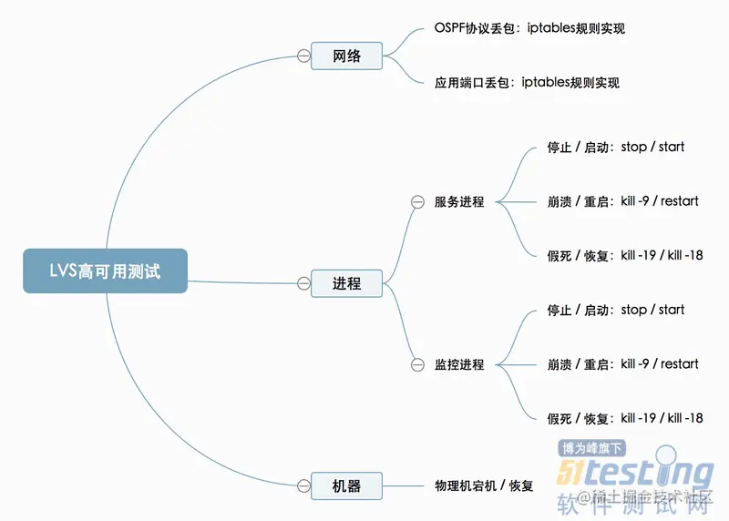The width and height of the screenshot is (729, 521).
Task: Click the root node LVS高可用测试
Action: coord(105,271)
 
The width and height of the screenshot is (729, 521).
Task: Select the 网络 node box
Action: coord(346,56)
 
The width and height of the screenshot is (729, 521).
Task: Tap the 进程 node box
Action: coord(346,283)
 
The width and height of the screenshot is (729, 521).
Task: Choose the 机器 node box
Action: coord(346,485)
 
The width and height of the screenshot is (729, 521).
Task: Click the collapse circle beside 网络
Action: coord(303,56)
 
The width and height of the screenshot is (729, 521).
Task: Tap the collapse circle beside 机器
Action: coord(303,485)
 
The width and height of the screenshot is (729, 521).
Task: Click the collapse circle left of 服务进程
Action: coord(417,201)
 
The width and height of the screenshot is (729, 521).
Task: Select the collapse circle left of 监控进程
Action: coord(417,364)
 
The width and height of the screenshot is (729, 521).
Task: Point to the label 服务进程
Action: coord(459,201)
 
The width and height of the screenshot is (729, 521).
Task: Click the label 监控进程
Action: coord(459,364)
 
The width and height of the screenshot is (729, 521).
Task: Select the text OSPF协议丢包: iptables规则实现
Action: coord(529,28)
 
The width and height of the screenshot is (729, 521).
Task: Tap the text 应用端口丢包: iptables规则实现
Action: coord(527,83)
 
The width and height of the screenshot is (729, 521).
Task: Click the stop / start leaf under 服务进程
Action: coord(615,147)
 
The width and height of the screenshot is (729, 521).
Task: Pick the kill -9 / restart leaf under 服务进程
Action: coord(622,200)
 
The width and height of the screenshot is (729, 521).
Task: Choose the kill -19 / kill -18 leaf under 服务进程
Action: coord(624,255)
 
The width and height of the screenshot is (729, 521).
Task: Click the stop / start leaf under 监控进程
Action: coord(615,310)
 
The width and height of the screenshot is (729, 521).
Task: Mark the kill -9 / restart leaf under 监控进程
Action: coord(622,363)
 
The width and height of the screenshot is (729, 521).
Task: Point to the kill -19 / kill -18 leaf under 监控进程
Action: coord(624,418)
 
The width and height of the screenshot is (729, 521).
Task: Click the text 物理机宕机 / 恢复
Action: coord(483,485)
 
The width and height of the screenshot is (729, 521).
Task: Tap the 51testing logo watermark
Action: coord(634,472)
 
